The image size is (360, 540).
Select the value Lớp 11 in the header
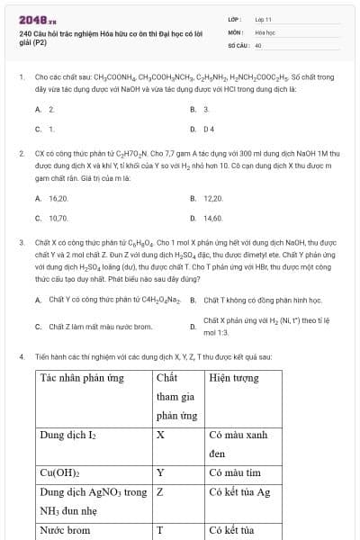(264, 19)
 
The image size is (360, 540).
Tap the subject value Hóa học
(265, 31)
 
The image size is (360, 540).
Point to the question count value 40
(258, 44)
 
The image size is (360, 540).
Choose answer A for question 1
(45, 109)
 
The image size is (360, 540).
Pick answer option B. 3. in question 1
(200, 109)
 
